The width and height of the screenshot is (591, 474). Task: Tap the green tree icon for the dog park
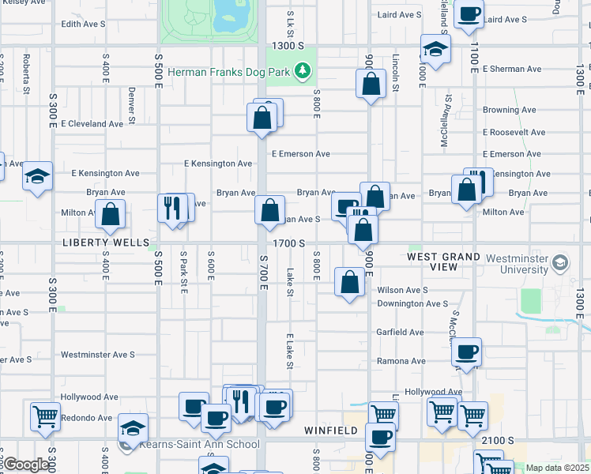pyautogui.click(x=301, y=73)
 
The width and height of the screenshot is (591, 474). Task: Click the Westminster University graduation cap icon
pyautogui.click(x=560, y=261)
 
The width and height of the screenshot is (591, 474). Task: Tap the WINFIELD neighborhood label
pyautogui.click(x=331, y=431)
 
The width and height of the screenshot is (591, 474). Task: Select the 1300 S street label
pyautogui.click(x=287, y=47)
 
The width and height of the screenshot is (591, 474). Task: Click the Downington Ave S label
pyautogui.click(x=412, y=303)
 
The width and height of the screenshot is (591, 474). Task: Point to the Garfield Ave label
pyautogui.click(x=400, y=332)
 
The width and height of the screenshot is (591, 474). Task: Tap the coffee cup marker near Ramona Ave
pyautogui.click(x=467, y=352)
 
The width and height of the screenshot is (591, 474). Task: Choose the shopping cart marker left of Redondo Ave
pyautogui.click(x=46, y=416)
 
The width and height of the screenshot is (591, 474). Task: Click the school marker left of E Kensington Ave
pyautogui.click(x=37, y=176)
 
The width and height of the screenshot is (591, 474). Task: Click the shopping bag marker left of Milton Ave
pyautogui.click(x=111, y=213)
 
